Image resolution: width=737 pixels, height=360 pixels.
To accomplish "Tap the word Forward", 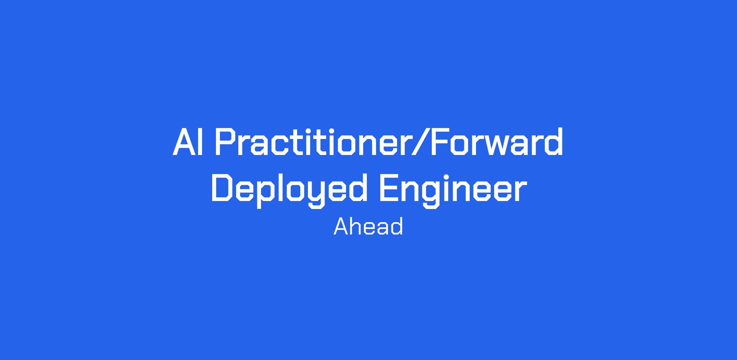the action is pyautogui.click(x=497, y=142).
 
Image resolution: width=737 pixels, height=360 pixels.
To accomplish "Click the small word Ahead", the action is pyautogui.click(x=368, y=226).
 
